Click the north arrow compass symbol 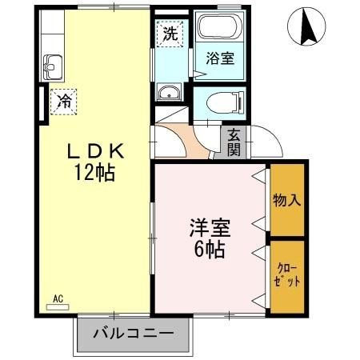[306, 27]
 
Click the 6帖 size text [210, 249]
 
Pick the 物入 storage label [286, 200]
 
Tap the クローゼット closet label [287, 275]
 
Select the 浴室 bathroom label [220, 58]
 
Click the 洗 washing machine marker [170, 34]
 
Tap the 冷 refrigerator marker [62, 101]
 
